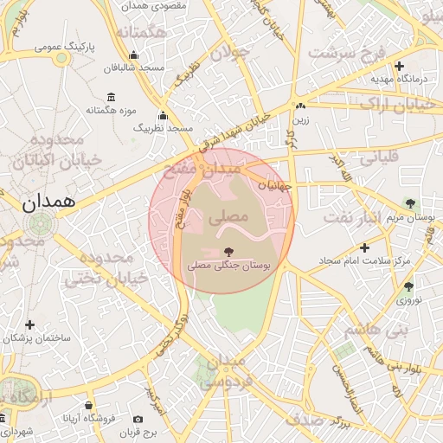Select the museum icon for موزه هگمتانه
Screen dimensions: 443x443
click(x=110, y=97)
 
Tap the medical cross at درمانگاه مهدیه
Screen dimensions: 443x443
click(x=399, y=66)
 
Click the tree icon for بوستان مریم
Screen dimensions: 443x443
click(x=410, y=204)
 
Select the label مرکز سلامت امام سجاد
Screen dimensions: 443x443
click(x=350, y=260)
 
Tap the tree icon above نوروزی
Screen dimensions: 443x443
click(x=408, y=286)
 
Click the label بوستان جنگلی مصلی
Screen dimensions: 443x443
click(x=228, y=267)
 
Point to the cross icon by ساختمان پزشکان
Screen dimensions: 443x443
click(x=30, y=324)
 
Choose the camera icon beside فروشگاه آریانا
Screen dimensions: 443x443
click(x=89, y=405)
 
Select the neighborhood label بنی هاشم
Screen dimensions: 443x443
click(x=375, y=330)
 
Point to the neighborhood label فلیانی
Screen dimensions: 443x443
click(x=377, y=158)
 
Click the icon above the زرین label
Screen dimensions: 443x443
click(x=300, y=106)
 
